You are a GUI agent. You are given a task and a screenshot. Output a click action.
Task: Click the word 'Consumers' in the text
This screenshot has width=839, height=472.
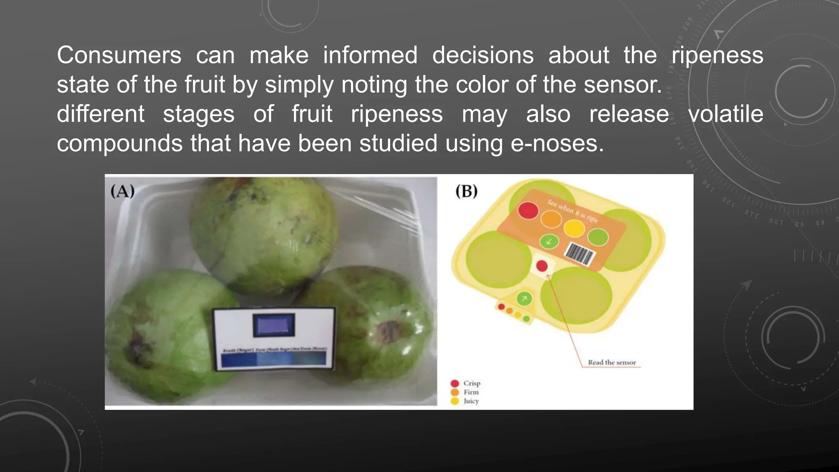[x=119, y=55]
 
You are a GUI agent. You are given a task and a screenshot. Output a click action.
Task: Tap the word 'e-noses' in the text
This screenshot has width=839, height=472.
[x=557, y=144]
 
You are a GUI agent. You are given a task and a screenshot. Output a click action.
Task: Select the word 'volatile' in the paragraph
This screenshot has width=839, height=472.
[x=726, y=114]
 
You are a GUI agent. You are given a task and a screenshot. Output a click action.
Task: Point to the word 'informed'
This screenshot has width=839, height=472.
[x=370, y=55]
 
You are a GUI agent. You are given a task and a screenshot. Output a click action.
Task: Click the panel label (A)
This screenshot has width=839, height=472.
[x=122, y=191]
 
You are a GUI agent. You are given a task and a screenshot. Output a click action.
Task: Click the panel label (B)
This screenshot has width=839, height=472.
[x=467, y=191]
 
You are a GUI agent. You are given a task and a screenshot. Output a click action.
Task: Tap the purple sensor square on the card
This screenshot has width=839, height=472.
[x=274, y=325]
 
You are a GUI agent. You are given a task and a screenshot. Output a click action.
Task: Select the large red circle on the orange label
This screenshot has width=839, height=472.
[x=528, y=210]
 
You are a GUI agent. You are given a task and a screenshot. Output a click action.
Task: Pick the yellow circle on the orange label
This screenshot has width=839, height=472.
[x=574, y=228]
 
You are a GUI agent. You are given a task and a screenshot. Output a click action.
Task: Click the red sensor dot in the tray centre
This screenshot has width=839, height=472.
[x=542, y=266]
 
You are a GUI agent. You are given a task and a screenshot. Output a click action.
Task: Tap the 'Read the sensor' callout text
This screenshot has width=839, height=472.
[x=612, y=363]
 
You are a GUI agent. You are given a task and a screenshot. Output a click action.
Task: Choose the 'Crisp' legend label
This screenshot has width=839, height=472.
[x=472, y=383]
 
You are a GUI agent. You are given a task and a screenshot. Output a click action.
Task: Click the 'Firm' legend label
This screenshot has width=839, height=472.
[x=471, y=392]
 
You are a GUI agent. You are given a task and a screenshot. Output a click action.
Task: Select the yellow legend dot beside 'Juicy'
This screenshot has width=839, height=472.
[x=455, y=401]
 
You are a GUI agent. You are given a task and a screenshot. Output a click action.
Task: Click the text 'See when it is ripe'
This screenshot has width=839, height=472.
[x=572, y=211]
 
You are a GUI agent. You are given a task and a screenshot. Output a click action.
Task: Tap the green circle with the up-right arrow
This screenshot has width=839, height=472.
[x=524, y=299]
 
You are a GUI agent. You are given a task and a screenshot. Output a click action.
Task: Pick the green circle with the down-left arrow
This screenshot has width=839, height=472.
[x=549, y=241]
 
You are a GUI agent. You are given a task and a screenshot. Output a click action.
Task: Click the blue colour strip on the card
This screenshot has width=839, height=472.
[x=273, y=359]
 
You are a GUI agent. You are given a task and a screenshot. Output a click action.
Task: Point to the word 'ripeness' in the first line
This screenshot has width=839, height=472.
[x=717, y=55]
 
